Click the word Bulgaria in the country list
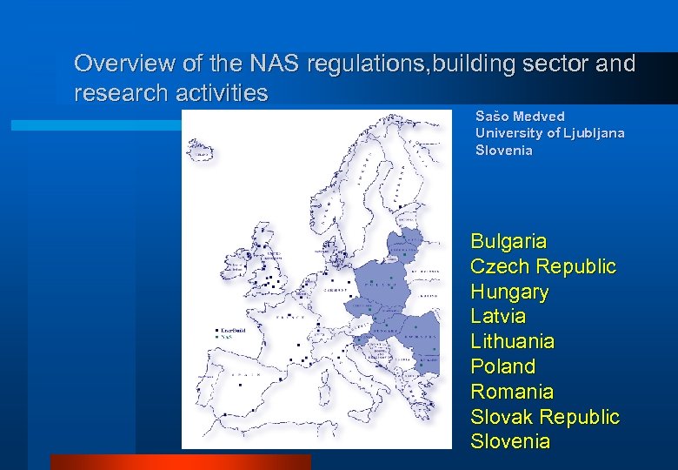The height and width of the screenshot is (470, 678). tap(508, 241)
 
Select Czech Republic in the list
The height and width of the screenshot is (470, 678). tap(542, 266)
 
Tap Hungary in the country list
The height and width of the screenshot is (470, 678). tap(509, 292)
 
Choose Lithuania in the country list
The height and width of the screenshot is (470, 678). tap(512, 341)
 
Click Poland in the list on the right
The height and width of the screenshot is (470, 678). tap(502, 366)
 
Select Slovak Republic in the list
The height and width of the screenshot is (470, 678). tap(545, 417)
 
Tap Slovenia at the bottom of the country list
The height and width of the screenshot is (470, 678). tap(510, 441)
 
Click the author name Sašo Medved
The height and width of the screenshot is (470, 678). tap(520, 116)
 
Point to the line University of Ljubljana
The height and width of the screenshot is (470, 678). tap(549, 132)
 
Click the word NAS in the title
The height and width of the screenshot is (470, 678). tap(274, 64)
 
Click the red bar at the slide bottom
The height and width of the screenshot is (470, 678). tap(180, 461)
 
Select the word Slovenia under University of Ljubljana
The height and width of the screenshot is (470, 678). tap(504, 150)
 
